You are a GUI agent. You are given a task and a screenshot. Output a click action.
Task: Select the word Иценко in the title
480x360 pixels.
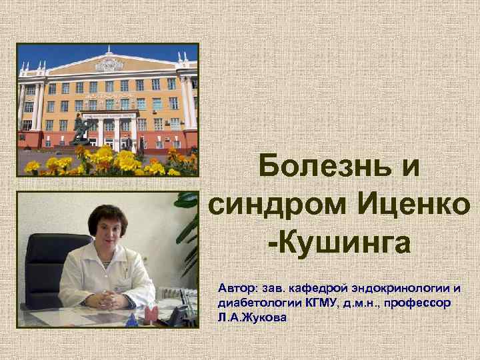(x=413, y=203)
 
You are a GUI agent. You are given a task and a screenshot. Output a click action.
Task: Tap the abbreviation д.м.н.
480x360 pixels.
(x=361, y=303)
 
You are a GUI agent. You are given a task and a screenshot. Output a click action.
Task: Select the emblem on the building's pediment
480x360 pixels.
(x=109, y=65)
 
